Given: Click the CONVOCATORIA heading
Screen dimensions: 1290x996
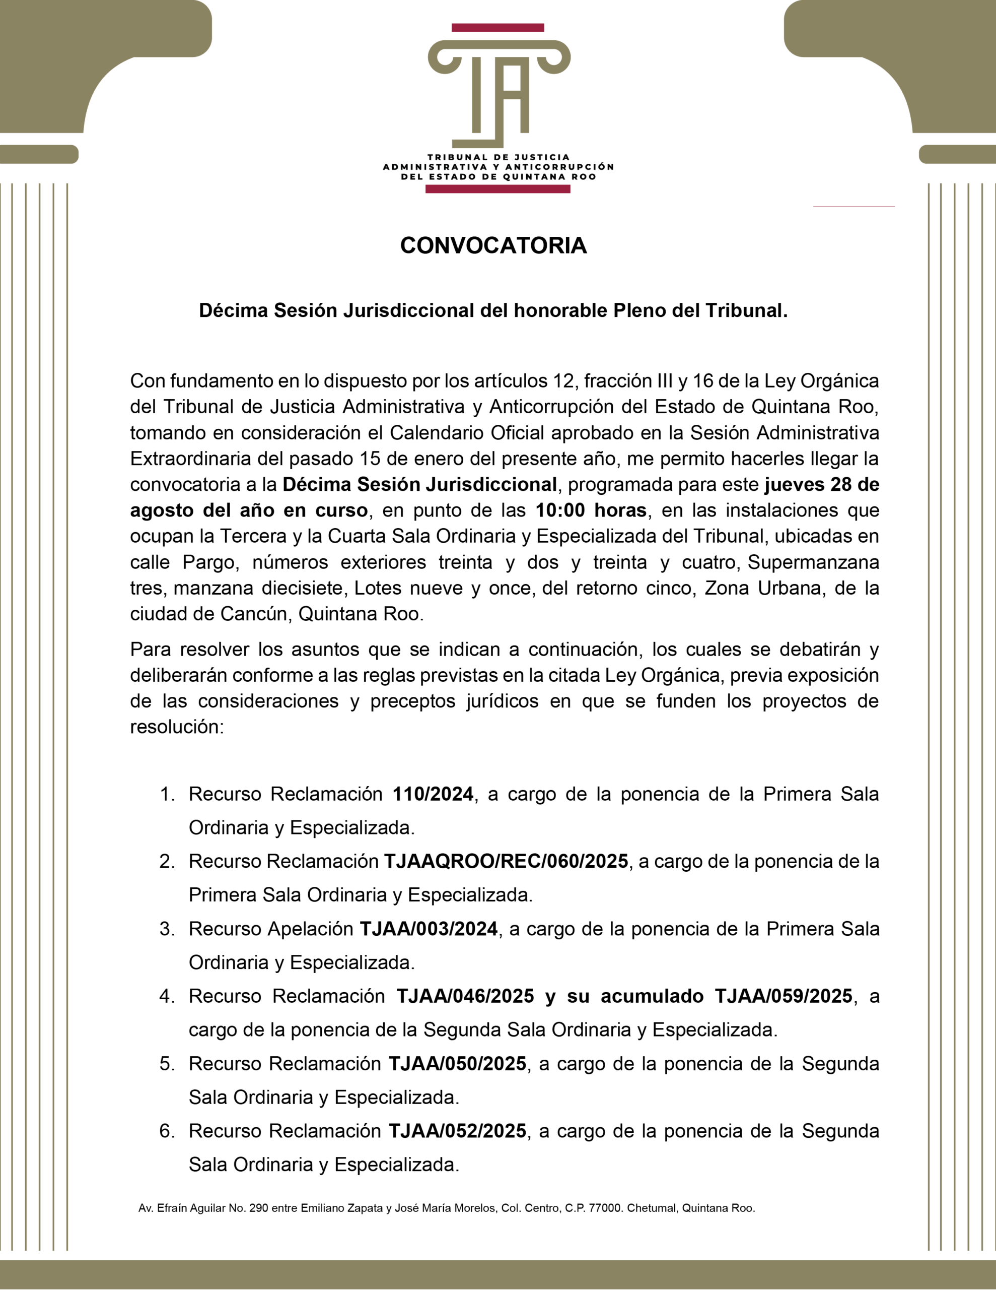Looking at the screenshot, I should (493, 246).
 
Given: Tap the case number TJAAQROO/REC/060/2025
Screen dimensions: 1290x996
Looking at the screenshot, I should (506, 862).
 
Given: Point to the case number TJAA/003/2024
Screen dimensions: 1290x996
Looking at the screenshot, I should (429, 929).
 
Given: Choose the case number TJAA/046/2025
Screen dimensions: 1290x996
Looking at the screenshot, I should (465, 996).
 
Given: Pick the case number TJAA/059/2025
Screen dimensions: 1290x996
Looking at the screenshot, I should (784, 996).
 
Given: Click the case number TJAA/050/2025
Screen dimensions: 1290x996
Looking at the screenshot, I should (458, 1064).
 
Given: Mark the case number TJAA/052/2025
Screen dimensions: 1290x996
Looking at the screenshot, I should (458, 1131).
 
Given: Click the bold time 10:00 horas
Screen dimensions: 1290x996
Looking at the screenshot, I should (590, 510).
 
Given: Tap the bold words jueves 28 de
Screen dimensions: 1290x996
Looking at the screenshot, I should (821, 485).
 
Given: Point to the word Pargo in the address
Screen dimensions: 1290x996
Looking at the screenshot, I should (209, 562).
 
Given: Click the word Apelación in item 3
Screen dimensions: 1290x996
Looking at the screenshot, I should (311, 929).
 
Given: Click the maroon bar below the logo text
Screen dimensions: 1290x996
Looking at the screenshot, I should (497, 189).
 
